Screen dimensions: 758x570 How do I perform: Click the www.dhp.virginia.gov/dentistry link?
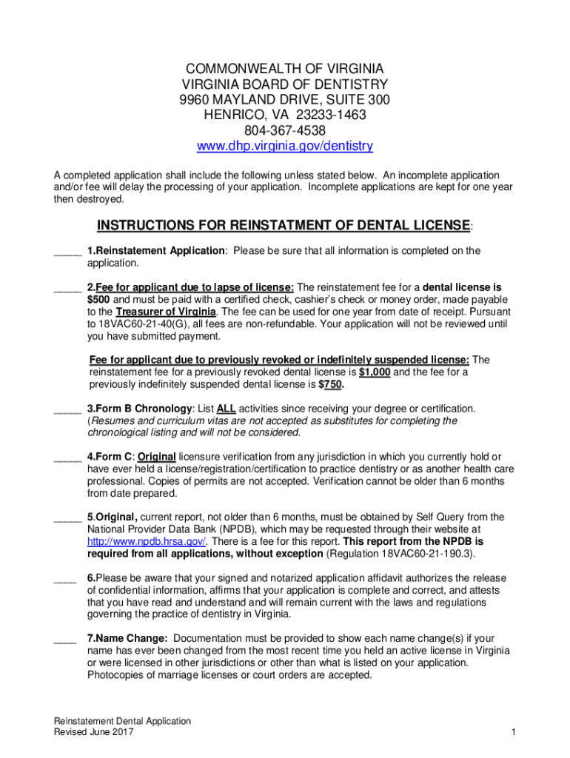pos(284,147)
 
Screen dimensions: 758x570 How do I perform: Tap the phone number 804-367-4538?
pos(285,131)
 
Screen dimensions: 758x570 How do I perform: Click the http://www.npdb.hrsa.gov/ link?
pos(146,541)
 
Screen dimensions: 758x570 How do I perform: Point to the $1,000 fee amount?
pos(375,372)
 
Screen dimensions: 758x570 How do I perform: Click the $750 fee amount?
pos(331,385)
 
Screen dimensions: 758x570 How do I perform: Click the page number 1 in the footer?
pos(512,733)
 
